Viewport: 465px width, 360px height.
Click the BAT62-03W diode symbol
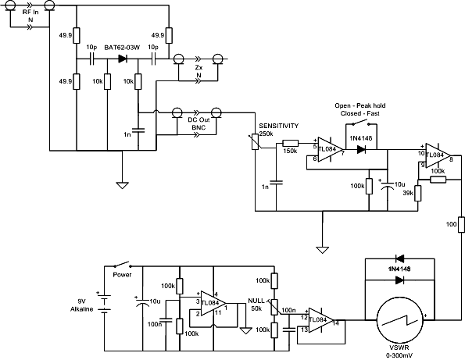pos(123,59)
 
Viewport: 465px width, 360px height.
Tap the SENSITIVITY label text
pos(279,126)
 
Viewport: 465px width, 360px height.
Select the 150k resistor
pos(291,144)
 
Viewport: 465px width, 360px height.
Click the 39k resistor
pos(418,193)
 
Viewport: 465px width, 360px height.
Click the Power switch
pos(122,264)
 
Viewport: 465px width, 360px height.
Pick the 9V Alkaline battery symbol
pos(104,302)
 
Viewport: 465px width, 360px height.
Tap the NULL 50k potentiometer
pos(275,307)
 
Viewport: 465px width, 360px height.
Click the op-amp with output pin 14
pos(321,320)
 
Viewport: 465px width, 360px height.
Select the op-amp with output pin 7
pos(330,149)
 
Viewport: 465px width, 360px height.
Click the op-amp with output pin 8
pos(438,155)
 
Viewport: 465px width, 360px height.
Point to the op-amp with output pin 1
pos(213,303)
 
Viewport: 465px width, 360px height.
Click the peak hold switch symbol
pos(361,123)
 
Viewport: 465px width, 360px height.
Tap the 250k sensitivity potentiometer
pos(256,142)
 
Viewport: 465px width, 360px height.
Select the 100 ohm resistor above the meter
pos(461,225)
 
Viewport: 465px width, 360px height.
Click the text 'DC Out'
pos(199,120)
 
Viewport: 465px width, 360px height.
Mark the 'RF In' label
pos(30,12)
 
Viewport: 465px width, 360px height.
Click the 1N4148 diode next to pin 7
pos(361,149)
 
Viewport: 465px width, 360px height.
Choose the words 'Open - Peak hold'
pos(360,105)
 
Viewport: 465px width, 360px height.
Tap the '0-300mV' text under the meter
pos(399,355)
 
